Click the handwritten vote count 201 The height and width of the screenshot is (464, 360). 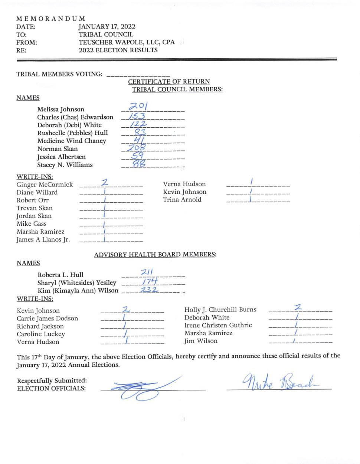(138, 107)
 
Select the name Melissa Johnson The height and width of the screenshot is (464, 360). (60, 109)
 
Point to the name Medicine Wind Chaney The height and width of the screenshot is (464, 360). (72, 141)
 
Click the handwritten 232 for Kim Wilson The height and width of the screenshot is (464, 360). (149, 289)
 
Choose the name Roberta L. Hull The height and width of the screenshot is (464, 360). (60, 275)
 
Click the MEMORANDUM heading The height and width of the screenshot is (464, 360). (50, 19)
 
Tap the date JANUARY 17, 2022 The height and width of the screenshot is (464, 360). (107, 26)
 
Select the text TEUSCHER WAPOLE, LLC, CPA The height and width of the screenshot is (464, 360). (127, 42)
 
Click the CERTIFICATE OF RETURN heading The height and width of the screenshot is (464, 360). (169, 81)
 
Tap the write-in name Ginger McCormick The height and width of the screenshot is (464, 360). (45, 184)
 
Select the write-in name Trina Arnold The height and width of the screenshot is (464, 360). (182, 200)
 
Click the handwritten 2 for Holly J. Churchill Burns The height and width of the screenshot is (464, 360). (298, 307)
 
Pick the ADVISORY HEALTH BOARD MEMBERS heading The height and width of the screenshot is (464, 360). (155, 255)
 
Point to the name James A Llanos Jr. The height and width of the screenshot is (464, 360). (43, 239)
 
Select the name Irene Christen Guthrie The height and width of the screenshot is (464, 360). (218, 325)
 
